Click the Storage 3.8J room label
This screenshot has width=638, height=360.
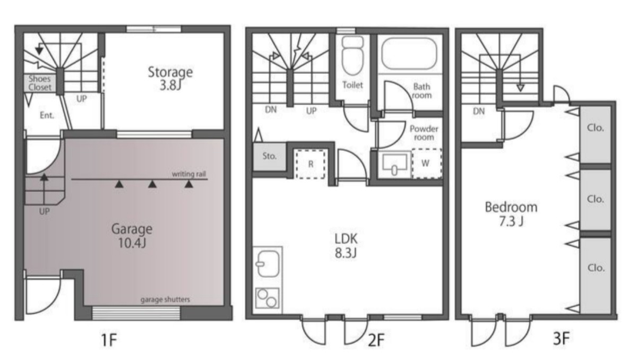[x=170, y=79]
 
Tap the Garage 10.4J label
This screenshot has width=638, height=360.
[x=132, y=236]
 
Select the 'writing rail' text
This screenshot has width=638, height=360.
[x=188, y=174]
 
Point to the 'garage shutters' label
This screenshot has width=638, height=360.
[x=165, y=299]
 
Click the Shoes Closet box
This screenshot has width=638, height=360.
[x=40, y=83]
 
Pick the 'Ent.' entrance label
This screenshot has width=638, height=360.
[x=47, y=115]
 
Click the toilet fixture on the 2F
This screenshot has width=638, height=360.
[x=352, y=56]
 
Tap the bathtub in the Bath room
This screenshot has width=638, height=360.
[x=409, y=54]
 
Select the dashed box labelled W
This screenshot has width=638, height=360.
[x=427, y=164]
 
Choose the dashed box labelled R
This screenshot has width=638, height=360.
[x=311, y=164]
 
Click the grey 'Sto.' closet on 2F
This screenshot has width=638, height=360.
[x=270, y=157]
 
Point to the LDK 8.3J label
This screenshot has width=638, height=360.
[x=346, y=246]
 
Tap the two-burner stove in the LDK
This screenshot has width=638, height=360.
[x=268, y=298]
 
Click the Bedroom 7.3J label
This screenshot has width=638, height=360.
[x=511, y=214]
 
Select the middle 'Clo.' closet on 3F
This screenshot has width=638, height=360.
[x=596, y=200]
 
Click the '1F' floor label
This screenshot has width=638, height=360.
[x=109, y=340]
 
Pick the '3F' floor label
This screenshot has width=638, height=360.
[x=561, y=338]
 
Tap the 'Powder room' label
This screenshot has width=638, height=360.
[x=424, y=133]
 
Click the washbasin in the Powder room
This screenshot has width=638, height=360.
[x=395, y=164]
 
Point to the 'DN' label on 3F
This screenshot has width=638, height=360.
[x=479, y=111]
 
